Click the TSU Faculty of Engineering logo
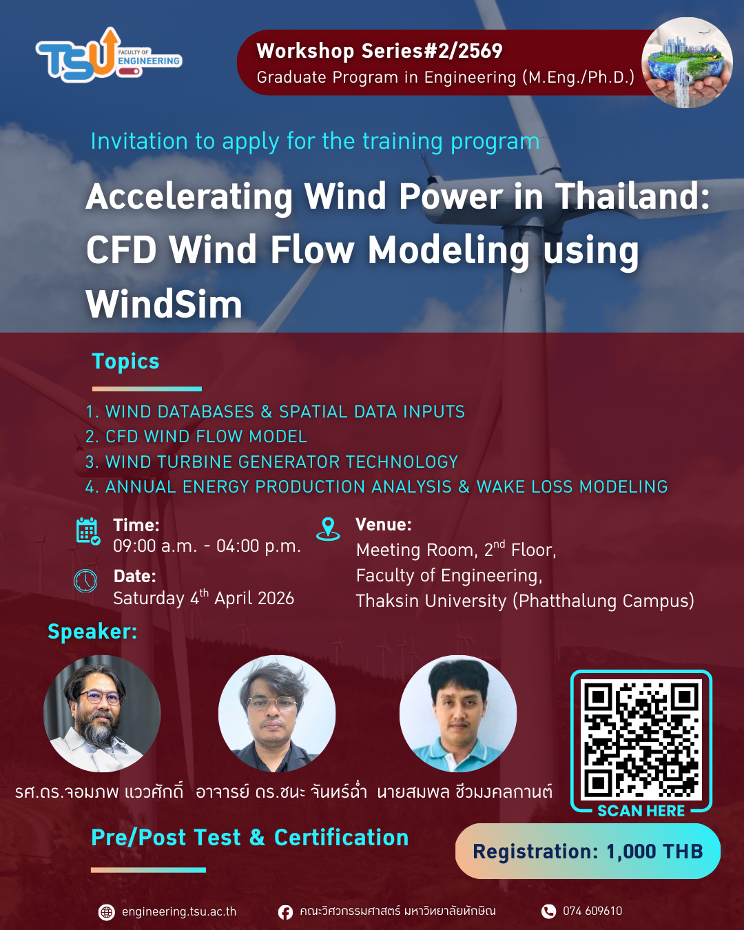(x=109, y=55)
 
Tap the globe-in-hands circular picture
(x=687, y=63)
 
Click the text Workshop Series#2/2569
(x=379, y=51)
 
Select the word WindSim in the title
(x=164, y=304)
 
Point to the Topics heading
(x=125, y=361)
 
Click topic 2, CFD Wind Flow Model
(x=196, y=437)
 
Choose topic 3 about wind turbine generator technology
(x=271, y=462)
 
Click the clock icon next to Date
(x=85, y=581)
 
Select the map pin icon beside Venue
(x=328, y=529)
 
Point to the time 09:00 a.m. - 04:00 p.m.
(x=207, y=546)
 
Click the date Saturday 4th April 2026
(x=204, y=598)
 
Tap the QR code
(x=641, y=739)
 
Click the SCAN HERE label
(x=641, y=811)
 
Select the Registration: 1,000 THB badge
(x=588, y=851)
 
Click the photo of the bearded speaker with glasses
(x=102, y=714)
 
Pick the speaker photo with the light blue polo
(x=458, y=714)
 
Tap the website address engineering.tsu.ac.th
(x=179, y=912)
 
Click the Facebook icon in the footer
(x=285, y=912)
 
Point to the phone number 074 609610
(x=592, y=911)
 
